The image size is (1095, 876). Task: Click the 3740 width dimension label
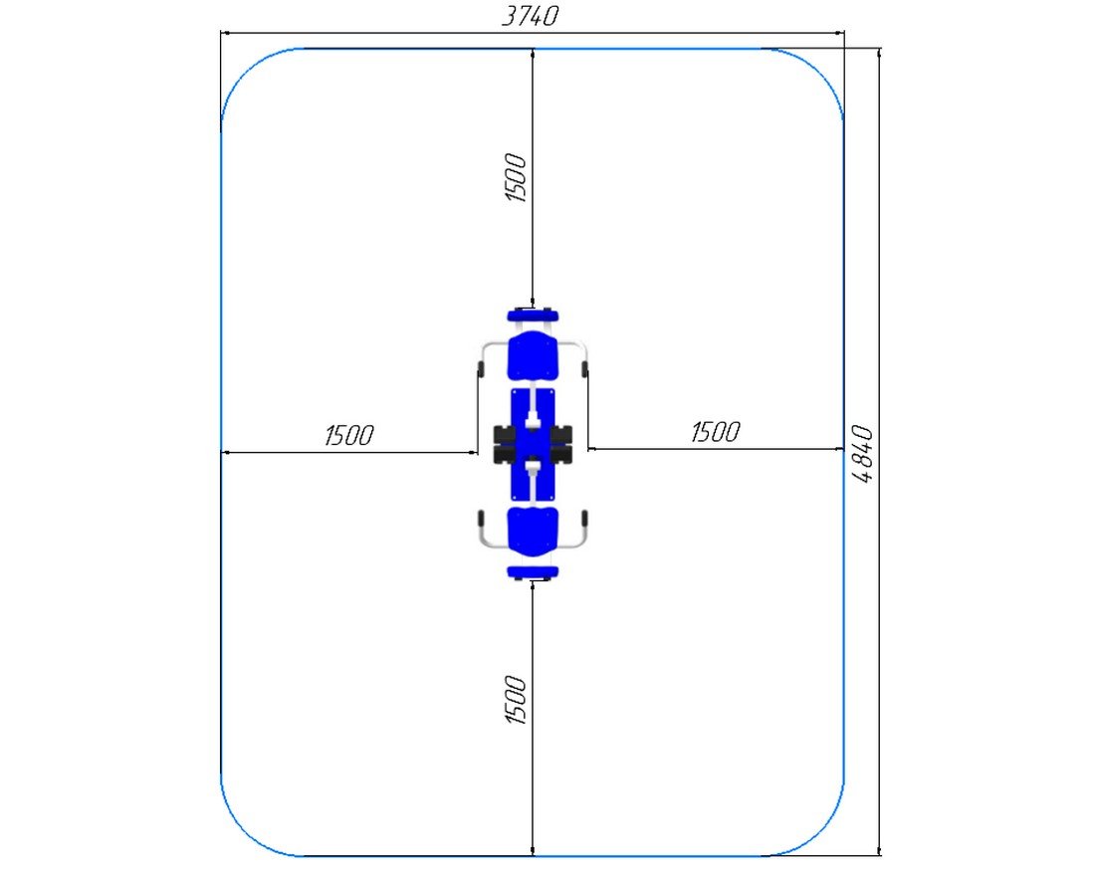[531, 15]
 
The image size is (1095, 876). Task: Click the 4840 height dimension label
[864, 454]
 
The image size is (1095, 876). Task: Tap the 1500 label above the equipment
[516, 178]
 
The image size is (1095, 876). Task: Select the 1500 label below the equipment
[516, 700]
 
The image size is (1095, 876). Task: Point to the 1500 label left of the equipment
[349, 435]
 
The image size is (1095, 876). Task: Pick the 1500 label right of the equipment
[715, 432]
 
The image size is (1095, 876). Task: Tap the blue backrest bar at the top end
[533, 315]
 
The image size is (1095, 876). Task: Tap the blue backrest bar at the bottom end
[533, 572]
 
